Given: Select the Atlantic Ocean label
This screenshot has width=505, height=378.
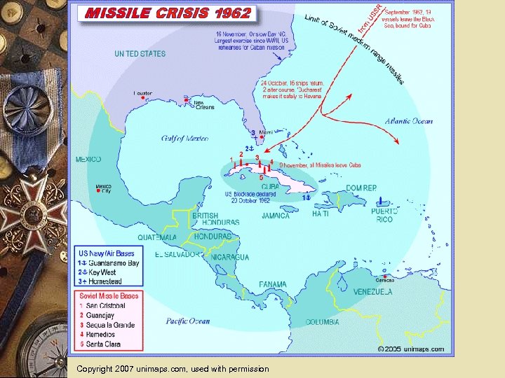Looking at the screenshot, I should click(409, 121).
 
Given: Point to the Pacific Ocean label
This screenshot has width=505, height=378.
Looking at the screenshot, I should click(187, 321).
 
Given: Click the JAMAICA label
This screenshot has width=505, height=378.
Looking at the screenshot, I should click(276, 216).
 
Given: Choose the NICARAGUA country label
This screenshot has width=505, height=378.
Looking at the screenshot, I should click(229, 257).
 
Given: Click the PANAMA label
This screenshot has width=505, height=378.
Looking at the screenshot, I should click(272, 284).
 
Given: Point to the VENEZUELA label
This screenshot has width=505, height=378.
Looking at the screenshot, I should click(372, 291).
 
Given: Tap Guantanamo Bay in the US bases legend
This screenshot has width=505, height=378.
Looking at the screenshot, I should click(113, 263).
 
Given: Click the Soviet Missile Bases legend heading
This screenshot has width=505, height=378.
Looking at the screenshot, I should click(108, 296).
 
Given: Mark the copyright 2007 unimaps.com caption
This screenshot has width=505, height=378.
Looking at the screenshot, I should click(173, 368).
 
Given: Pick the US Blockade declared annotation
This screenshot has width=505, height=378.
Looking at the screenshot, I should click(248, 197).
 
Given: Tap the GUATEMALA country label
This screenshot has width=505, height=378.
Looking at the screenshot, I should click(157, 237).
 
